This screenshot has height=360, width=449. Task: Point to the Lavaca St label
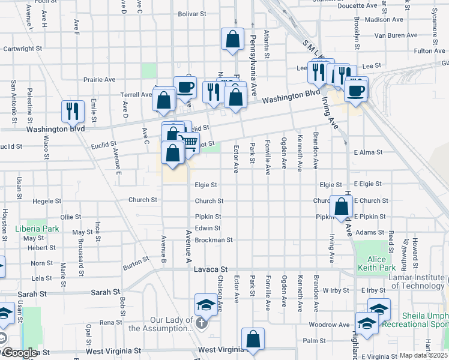point(211,270)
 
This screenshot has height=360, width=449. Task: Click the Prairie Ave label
point(100,79)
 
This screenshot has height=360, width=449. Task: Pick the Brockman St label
point(213,240)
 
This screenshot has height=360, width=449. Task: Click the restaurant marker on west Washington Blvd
point(73,110)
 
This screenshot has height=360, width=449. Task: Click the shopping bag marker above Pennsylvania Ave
point(232,39)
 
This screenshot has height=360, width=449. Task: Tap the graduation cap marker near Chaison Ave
point(205,304)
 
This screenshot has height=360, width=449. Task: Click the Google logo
point(20,353)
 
